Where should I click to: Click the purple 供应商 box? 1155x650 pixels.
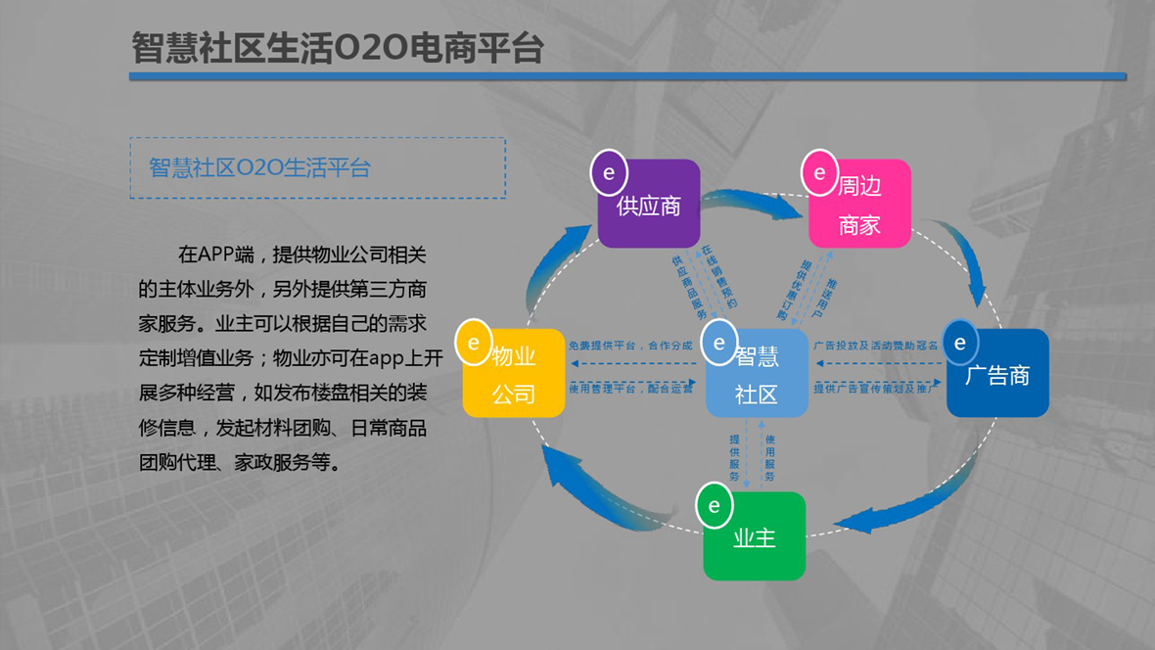(650, 206)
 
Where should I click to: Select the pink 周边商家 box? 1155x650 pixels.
(860, 206)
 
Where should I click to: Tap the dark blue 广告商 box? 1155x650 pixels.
(997, 375)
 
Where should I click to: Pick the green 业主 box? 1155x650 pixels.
(755, 536)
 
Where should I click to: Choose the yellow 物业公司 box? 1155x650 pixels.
(514, 375)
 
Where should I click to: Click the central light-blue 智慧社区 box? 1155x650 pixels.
(757, 375)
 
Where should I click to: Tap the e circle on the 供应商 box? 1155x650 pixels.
(609, 172)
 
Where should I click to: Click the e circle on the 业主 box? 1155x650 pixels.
(715, 505)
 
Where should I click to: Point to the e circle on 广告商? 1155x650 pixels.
(960, 342)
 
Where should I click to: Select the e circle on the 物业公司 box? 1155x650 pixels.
(475, 342)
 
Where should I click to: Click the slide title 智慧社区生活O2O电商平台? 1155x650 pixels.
(337, 48)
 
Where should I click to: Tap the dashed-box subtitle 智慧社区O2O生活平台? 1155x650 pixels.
(259, 167)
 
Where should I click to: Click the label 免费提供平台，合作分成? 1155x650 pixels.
(630, 346)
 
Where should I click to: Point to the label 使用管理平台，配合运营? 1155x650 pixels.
(630, 389)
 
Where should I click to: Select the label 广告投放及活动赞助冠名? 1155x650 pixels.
(875, 346)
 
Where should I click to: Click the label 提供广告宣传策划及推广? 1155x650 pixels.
(875, 389)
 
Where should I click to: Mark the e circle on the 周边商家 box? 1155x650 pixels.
(820, 172)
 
